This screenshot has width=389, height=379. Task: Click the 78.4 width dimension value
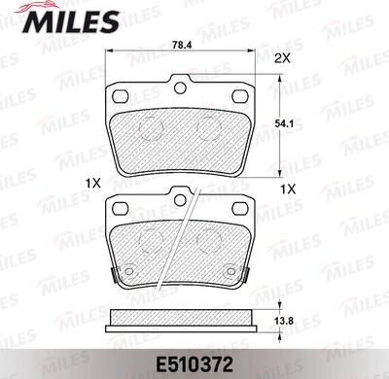183,45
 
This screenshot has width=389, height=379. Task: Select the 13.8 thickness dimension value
284,321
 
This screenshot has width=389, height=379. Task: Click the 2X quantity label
282,58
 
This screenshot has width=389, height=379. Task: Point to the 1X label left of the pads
93,184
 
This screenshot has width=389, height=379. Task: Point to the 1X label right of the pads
288,189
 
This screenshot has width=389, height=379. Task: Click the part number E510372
194,365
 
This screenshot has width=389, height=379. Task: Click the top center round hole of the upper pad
180,87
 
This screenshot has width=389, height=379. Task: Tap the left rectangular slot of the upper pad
120,96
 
